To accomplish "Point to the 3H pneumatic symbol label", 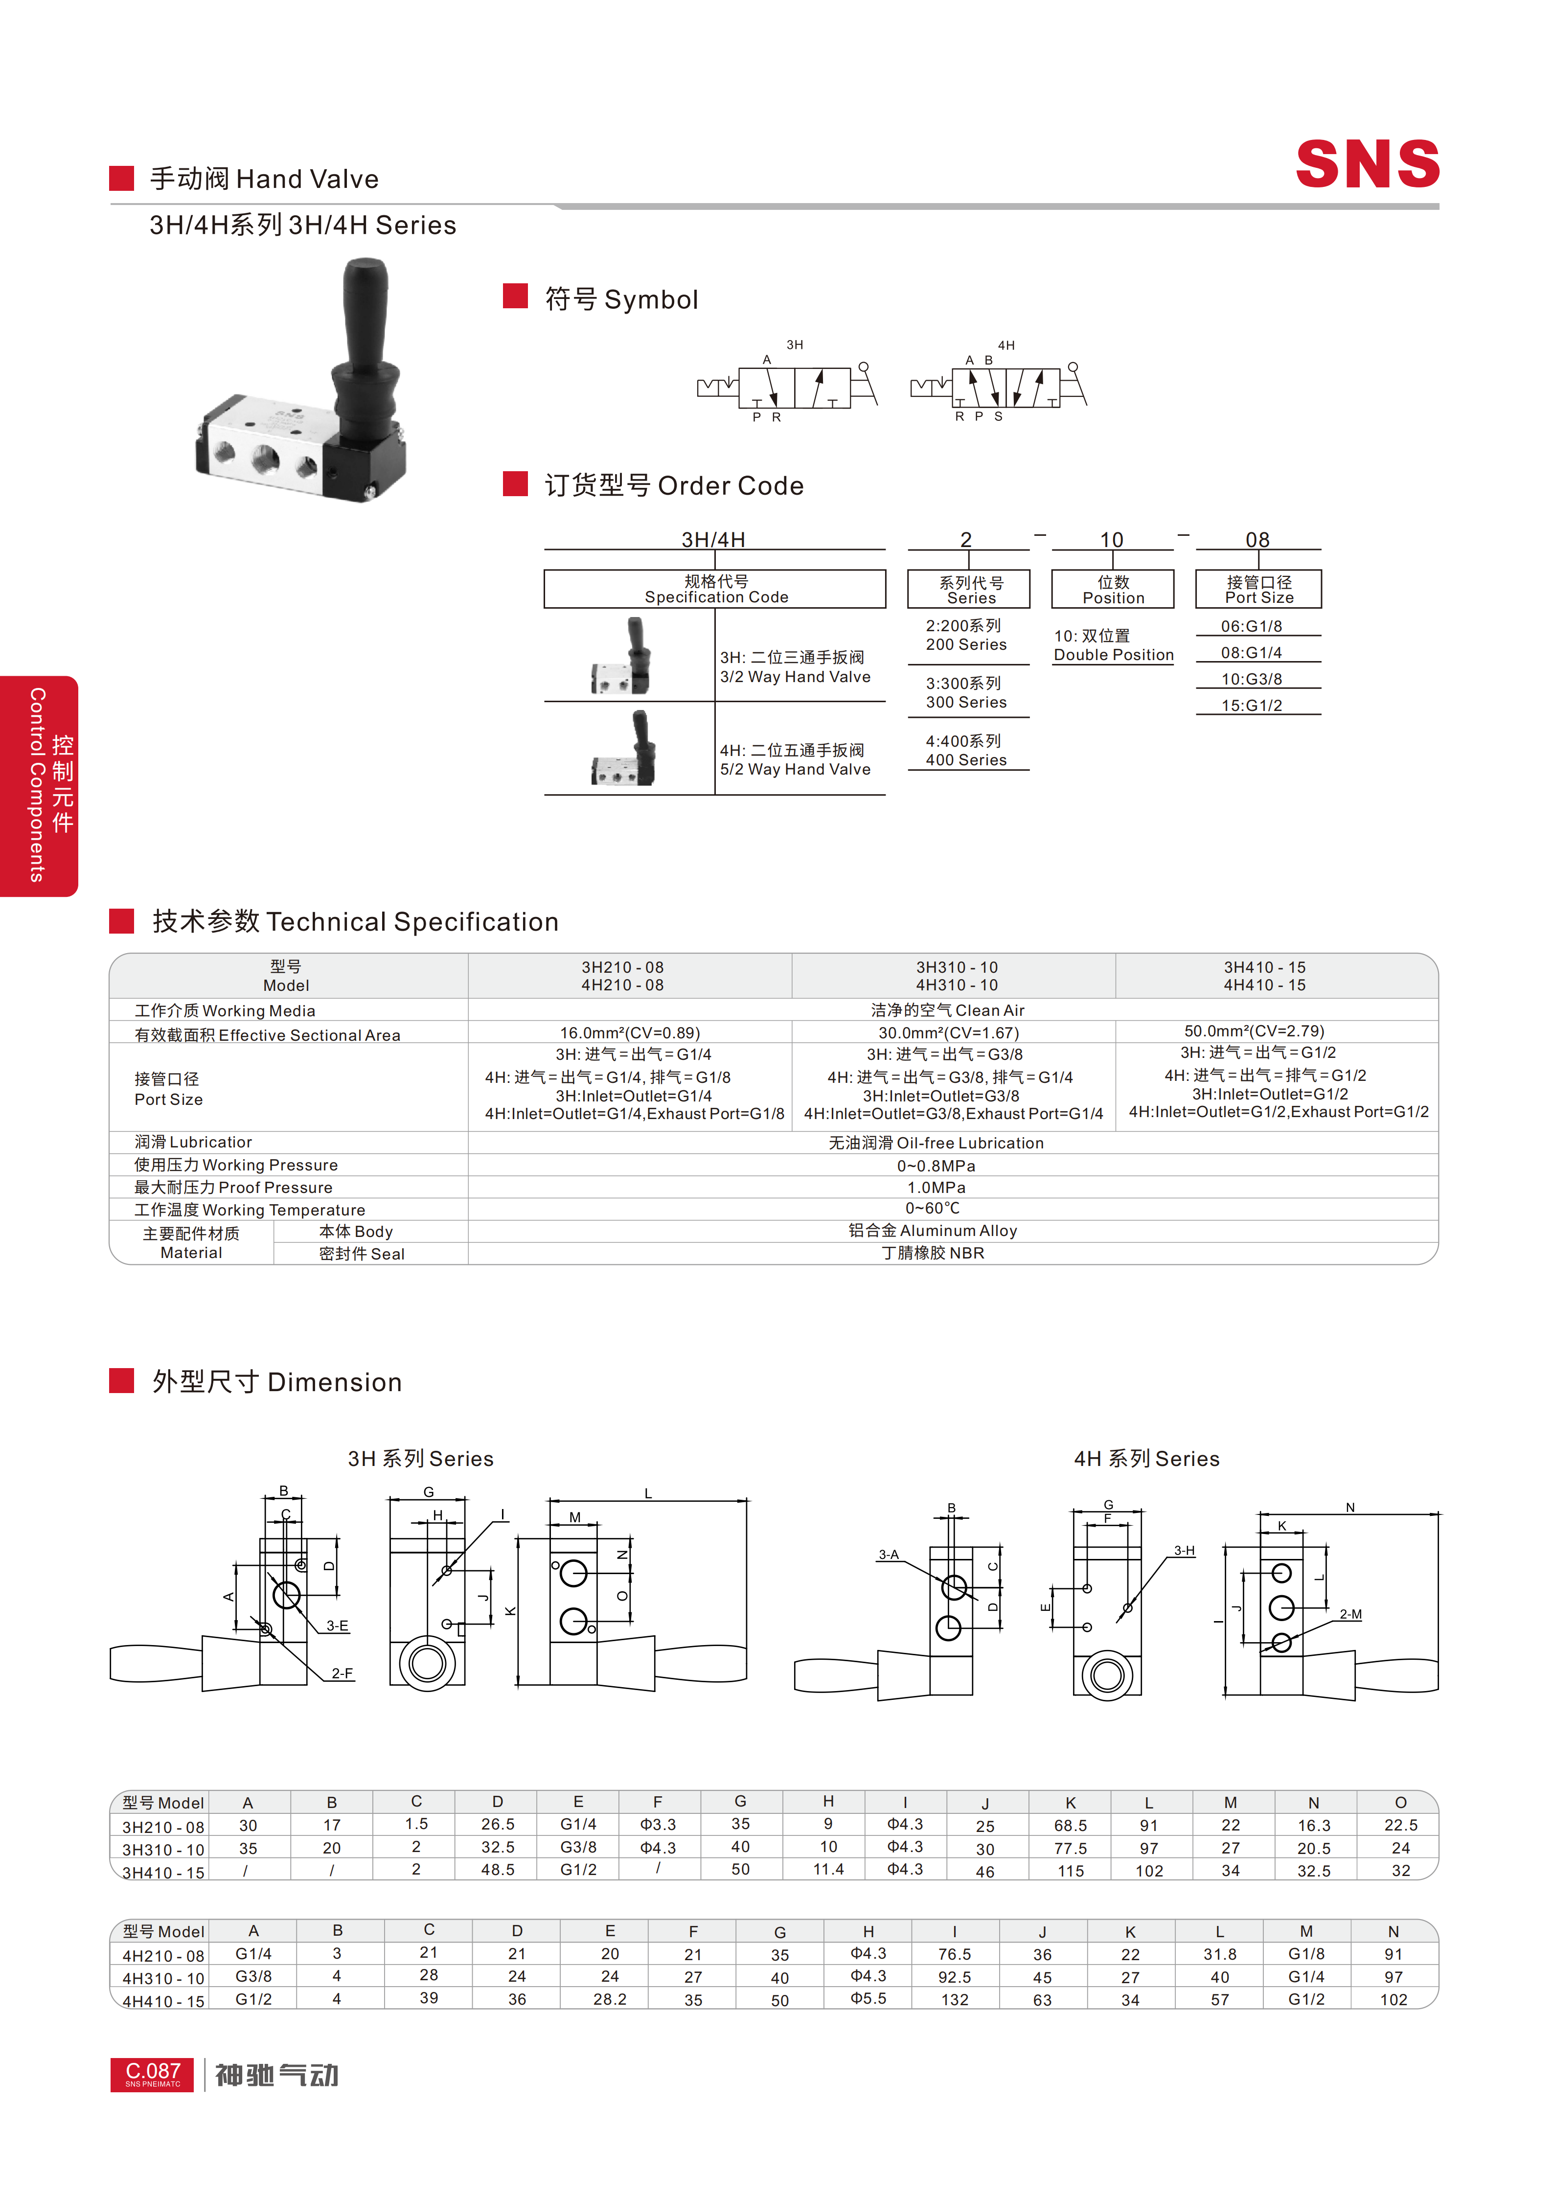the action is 794,344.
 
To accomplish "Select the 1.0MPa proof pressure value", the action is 936,1188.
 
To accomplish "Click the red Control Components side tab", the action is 39,786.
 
